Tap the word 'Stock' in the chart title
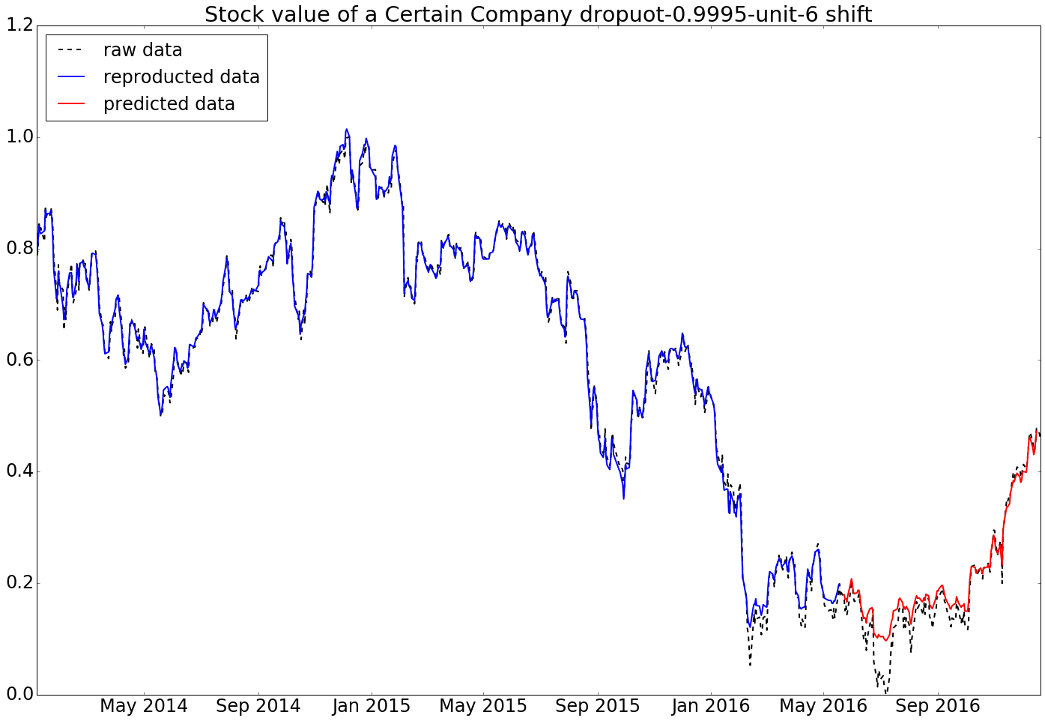[x=234, y=14]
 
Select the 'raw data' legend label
[x=142, y=50]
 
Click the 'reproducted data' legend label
[x=181, y=77]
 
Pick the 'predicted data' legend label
[x=169, y=104]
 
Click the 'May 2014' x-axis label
[x=144, y=706]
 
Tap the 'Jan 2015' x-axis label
[x=372, y=706]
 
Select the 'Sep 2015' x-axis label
[x=598, y=706]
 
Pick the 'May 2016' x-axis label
[x=823, y=706]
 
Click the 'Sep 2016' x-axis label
[x=938, y=706]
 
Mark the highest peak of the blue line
[x=346, y=130]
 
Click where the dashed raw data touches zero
[x=886, y=693]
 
